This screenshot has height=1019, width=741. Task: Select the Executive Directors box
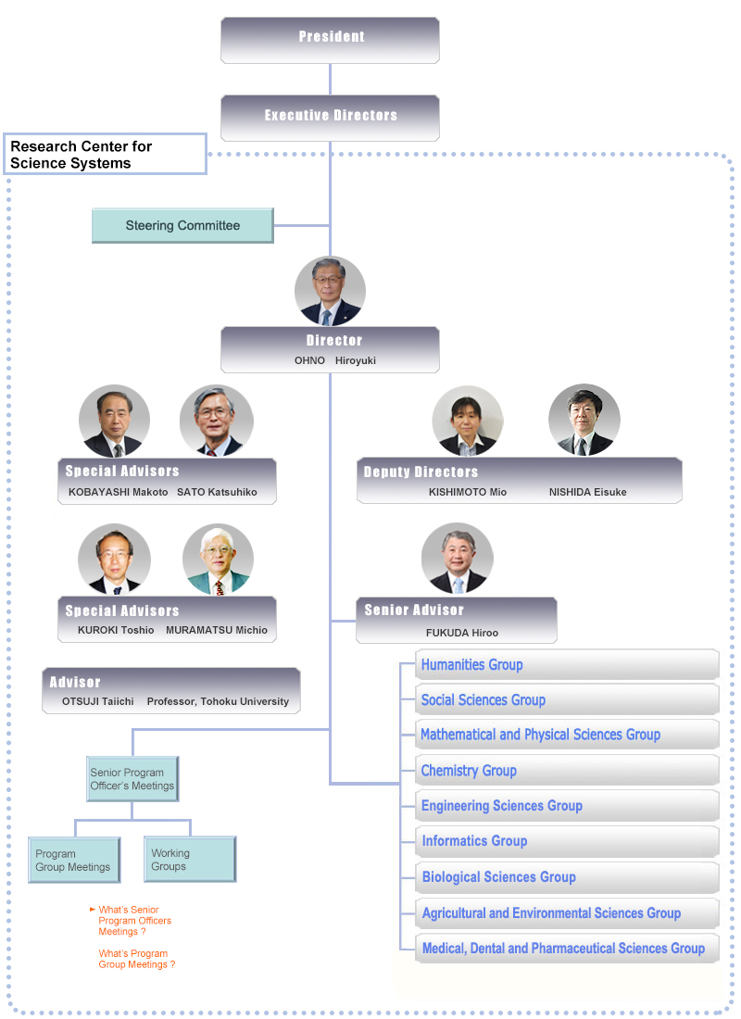click(330, 117)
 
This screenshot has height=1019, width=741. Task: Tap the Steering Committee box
click(182, 225)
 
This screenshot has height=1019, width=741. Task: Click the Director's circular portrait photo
click(330, 292)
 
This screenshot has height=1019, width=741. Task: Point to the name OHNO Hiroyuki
click(334, 360)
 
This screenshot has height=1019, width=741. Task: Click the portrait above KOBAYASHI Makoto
click(114, 422)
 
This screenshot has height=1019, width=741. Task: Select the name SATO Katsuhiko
click(217, 492)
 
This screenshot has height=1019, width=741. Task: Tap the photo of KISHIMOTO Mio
click(467, 421)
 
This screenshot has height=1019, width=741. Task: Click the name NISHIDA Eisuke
click(587, 492)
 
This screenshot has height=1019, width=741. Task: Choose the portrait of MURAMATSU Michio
click(218, 560)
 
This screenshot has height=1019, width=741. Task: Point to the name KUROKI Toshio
click(117, 630)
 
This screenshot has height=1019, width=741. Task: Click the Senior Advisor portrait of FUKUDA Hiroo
click(457, 559)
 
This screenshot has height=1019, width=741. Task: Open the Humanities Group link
click(471, 665)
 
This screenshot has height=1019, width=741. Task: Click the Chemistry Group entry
click(469, 771)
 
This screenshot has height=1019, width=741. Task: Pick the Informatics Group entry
click(474, 841)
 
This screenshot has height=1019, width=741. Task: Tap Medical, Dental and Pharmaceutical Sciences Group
click(563, 949)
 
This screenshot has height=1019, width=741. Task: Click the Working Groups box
click(190, 860)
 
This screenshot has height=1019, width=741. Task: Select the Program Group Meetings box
click(74, 861)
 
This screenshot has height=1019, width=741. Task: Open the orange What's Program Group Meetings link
click(136, 959)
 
